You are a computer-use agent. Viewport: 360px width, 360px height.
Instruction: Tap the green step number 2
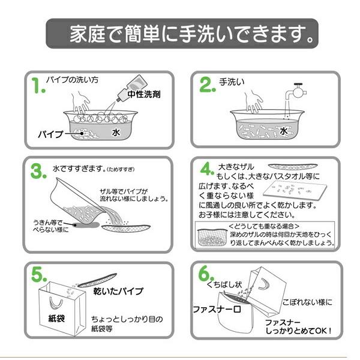pyautogui.click(x=207, y=86)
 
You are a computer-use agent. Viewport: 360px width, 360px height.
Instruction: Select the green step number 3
pyautogui.click(x=38, y=172)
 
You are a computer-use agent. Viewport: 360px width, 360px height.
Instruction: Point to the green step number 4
pyautogui.click(x=206, y=168)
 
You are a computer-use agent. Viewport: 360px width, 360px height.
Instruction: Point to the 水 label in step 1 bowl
pyautogui.click(x=117, y=133)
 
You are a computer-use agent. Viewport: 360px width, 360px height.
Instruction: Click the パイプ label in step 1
pyautogui.click(x=51, y=133)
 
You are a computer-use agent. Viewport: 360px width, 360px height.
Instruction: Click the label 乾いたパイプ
pyautogui.click(x=119, y=291)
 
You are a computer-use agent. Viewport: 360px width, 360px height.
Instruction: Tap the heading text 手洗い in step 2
pyautogui.click(x=232, y=82)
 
